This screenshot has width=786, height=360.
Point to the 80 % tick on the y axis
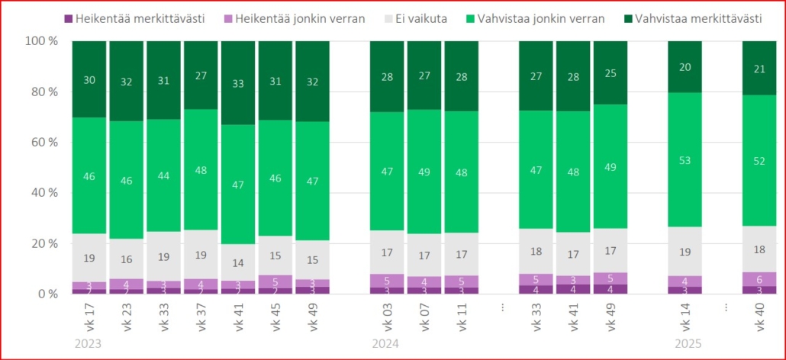(x=43, y=92)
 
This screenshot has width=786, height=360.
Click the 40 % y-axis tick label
(x=43, y=192)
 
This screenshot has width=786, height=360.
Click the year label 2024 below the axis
(x=385, y=344)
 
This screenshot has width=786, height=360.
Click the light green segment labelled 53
(x=685, y=159)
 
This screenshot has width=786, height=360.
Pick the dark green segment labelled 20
(x=685, y=66)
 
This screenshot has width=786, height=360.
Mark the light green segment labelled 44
(x=164, y=175)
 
